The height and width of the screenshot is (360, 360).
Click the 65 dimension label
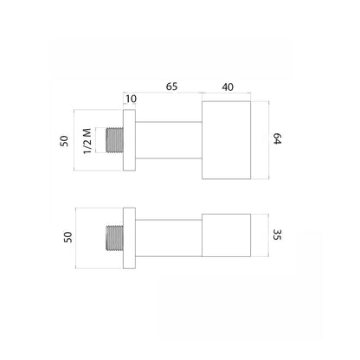point(171,87)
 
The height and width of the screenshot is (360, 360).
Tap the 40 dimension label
point(228,87)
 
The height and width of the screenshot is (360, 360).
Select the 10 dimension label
point(131,99)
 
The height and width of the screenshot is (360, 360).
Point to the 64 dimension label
point(277,138)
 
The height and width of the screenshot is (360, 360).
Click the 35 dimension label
point(277,235)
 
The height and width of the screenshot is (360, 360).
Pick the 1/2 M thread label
point(87,141)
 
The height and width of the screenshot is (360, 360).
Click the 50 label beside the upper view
point(64,141)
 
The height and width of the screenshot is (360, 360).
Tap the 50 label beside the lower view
point(67,237)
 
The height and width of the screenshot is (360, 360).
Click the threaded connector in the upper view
point(115,140)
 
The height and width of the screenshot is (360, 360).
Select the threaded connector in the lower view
point(115,238)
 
